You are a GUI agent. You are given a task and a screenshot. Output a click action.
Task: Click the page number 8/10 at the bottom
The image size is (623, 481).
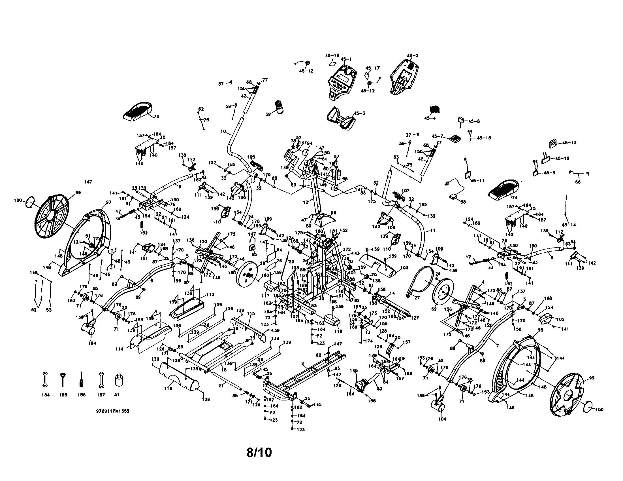click(x=259, y=453)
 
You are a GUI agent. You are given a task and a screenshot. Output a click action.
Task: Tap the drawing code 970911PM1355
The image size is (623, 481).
click(x=113, y=412)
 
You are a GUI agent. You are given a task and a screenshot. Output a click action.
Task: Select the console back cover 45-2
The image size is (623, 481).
click(x=404, y=77)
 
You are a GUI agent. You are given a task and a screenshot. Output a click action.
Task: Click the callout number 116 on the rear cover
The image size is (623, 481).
click(x=168, y=389)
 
